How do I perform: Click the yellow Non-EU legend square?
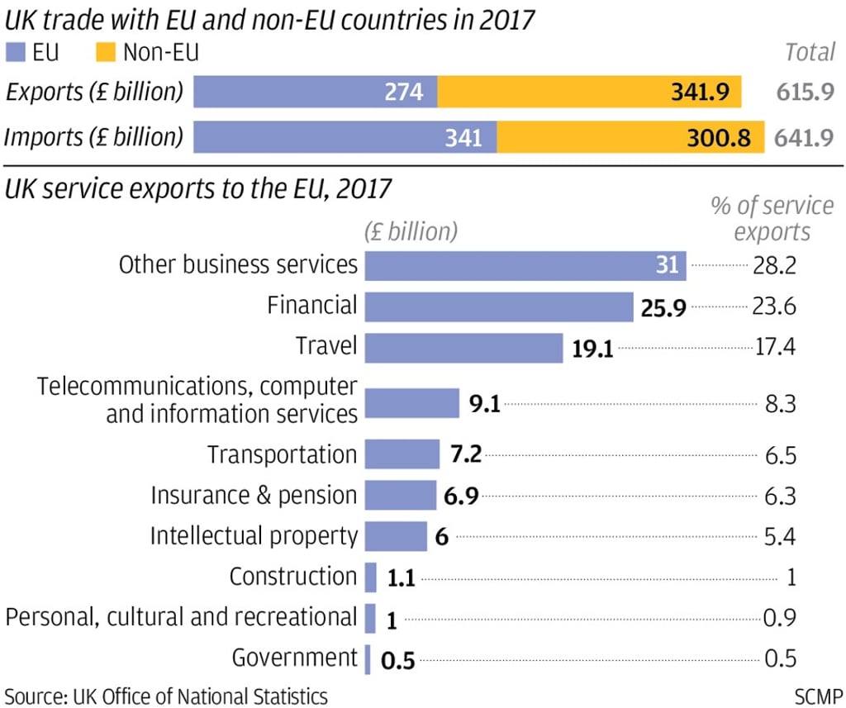click(x=104, y=54)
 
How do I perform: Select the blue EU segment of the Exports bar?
click(x=315, y=92)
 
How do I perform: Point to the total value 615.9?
click(x=804, y=92)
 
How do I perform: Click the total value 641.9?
click(x=804, y=137)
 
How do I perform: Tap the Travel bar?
click(x=463, y=348)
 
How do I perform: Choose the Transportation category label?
click(x=282, y=454)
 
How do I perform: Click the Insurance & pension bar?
click(x=400, y=496)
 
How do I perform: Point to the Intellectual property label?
click(x=254, y=536)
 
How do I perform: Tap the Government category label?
click(x=294, y=658)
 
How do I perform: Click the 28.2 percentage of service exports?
click(x=774, y=265)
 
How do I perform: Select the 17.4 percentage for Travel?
click(x=774, y=347)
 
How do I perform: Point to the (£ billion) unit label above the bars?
click(x=411, y=231)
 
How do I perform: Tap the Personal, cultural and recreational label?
click(x=181, y=617)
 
